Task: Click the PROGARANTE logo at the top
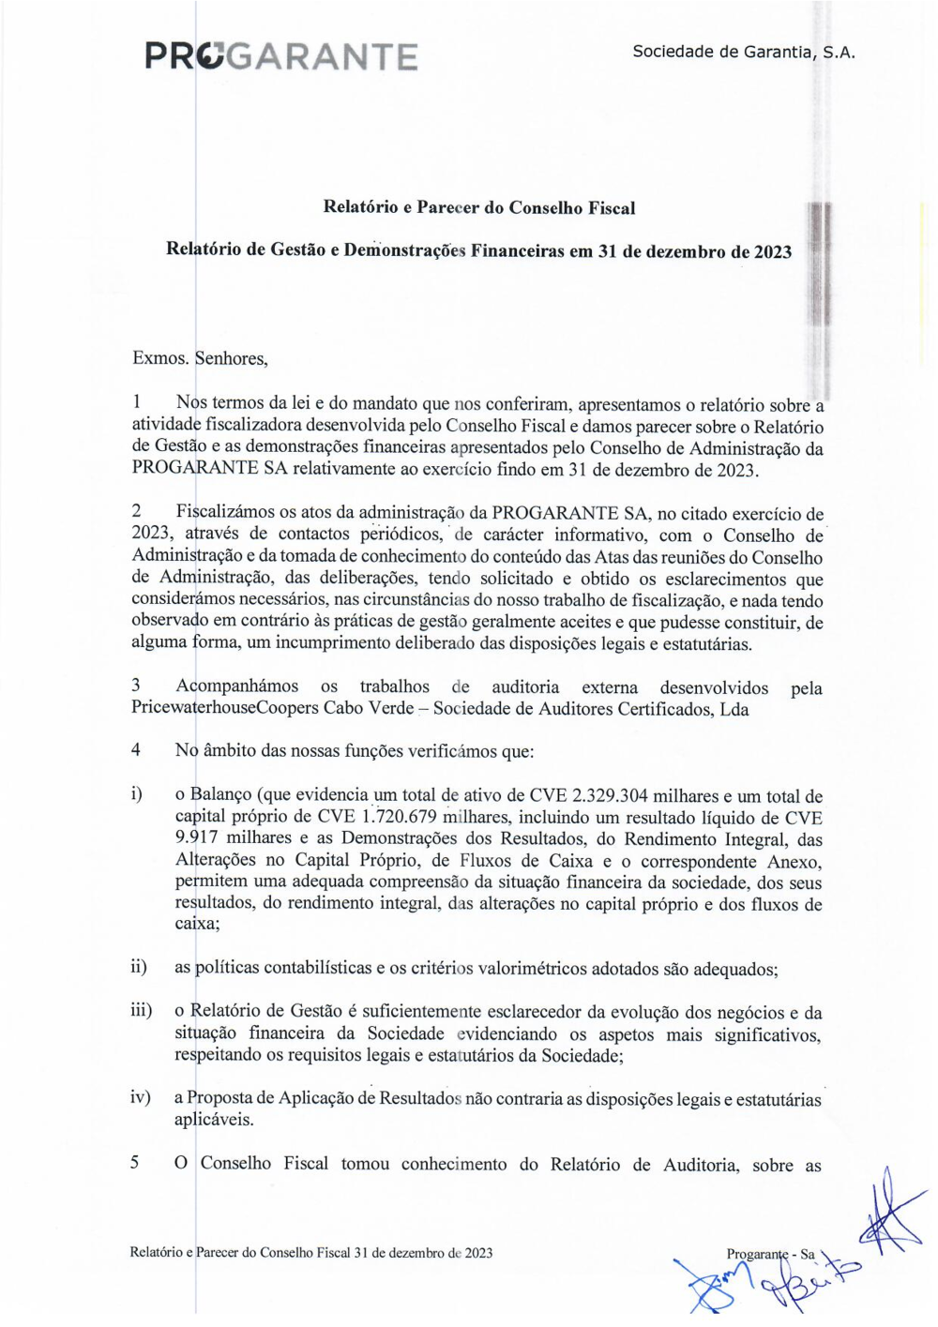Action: click(281, 56)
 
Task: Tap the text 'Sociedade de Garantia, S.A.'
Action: click(744, 52)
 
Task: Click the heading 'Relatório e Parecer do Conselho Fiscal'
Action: click(479, 208)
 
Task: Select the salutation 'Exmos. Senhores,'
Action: click(200, 358)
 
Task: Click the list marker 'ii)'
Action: click(138, 967)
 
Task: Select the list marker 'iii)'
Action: click(141, 1010)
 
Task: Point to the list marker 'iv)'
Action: click(140, 1097)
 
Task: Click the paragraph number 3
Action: click(136, 686)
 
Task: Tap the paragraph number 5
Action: click(135, 1163)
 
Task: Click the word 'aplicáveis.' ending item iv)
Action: click(214, 1120)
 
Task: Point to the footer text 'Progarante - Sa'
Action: click(770, 1254)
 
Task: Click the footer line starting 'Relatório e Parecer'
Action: click(310, 1253)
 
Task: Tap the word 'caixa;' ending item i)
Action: click(197, 924)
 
